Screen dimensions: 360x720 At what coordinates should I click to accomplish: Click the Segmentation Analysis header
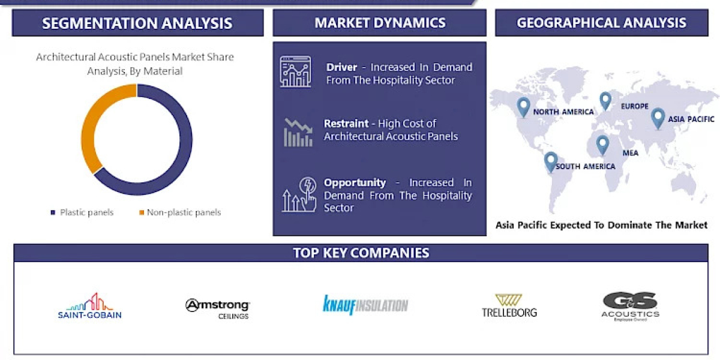tap(137, 23)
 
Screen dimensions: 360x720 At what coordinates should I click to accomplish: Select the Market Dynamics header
tap(380, 23)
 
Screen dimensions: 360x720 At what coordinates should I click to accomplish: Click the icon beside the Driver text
tap(295, 72)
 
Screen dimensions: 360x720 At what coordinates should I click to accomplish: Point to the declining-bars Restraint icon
tap(298, 133)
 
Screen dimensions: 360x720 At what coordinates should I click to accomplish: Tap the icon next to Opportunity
tap(298, 194)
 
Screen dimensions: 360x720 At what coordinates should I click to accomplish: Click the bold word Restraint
tap(346, 124)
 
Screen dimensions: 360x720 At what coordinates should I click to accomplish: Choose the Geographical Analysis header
tap(601, 23)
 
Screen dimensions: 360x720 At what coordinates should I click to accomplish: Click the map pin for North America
tap(524, 107)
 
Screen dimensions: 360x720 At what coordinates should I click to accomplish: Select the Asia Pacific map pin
tap(658, 118)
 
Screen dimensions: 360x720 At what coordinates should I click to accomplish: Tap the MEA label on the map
tap(630, 153)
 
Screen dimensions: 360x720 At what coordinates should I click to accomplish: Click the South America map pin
tap(551, 161)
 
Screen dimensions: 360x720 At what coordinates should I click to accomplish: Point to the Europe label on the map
tap(635, 106)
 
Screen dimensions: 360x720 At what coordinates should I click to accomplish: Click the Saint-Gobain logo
tap(90, 306)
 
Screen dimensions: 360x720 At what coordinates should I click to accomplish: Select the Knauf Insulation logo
tap(365, 305)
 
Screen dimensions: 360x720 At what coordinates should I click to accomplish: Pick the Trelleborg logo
tap(509, 305)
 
